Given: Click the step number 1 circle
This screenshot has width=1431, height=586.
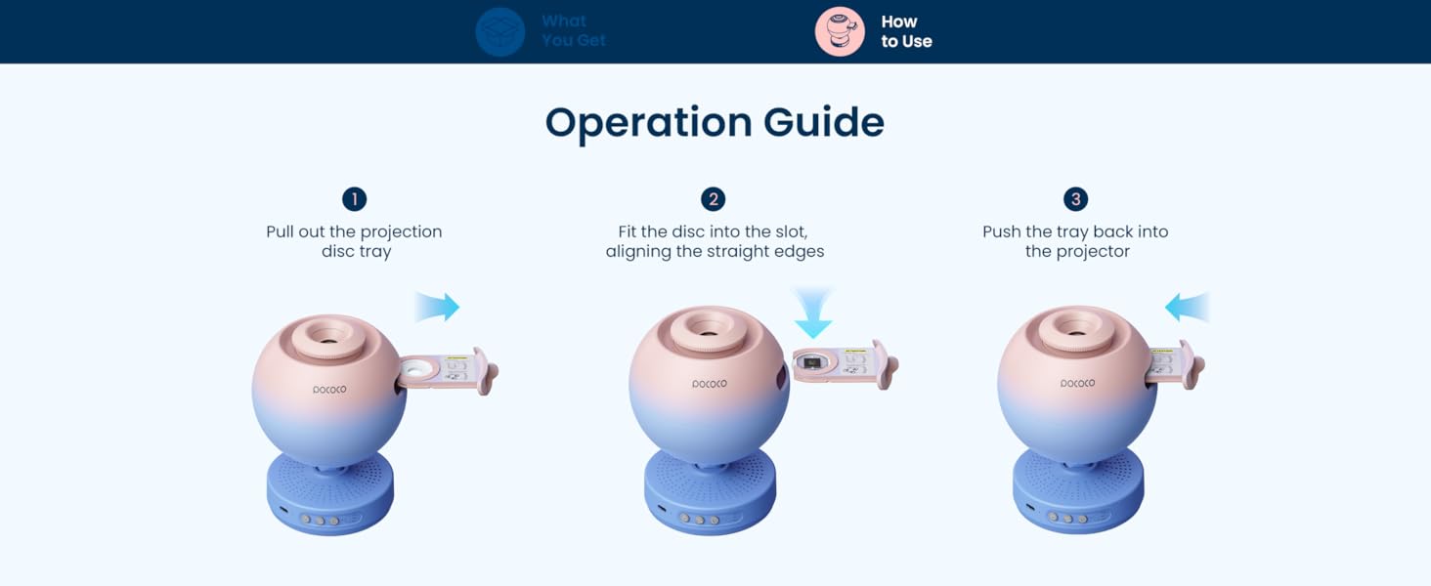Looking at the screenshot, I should click(354, 199).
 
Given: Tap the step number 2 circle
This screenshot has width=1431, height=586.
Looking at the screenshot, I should click(714, 199).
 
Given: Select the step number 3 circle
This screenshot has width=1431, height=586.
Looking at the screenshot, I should click(1075, 199).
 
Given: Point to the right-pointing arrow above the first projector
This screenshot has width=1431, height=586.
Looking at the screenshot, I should click(437, 308).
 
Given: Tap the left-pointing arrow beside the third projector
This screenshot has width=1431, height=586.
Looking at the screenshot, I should click(1187, 309).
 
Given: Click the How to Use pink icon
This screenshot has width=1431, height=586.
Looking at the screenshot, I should click(840, 31).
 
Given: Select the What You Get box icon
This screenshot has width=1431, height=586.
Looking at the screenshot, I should click(500, 31).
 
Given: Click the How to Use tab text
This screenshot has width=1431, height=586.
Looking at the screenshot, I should click(906, 31).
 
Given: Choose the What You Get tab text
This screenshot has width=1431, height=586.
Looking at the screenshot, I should click(574, 31).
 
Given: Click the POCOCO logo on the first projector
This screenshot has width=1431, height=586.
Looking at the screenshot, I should click(329, 390).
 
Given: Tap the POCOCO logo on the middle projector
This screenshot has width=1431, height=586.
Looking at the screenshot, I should click(710, 384).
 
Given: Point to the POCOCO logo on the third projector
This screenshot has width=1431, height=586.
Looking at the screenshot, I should click(1078, 384).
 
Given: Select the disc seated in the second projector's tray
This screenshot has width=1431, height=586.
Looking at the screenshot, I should click(811, 364).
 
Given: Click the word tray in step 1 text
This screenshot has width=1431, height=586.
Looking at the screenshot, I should click(376, 251).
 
